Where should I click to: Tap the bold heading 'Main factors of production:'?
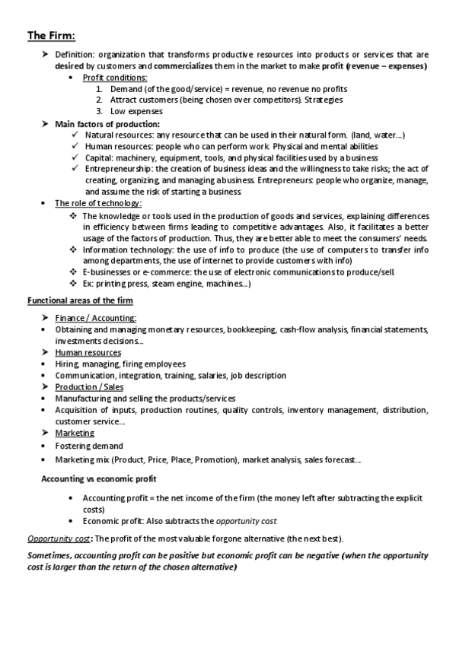pos(107,123)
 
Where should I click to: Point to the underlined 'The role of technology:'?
pos(98,203)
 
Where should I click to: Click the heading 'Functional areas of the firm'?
pos(80,301)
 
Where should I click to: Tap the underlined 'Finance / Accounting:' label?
pos(96,318)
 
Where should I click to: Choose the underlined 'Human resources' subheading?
pos(88,352)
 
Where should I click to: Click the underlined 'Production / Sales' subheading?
pos(89,387)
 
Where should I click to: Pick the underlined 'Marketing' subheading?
pos(75,433)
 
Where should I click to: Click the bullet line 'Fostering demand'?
pos(88,446)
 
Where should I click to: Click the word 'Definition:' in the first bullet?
pos(75,55)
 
